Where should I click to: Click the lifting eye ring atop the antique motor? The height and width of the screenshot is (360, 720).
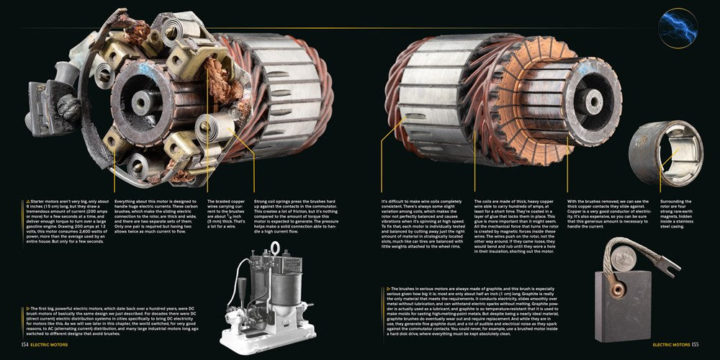point(274,248)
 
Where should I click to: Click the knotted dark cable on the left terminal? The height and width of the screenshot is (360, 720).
point(70,108)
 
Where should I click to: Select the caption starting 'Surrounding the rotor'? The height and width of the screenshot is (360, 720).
point(675,216)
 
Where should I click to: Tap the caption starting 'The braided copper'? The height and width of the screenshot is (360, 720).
point(226,216)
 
